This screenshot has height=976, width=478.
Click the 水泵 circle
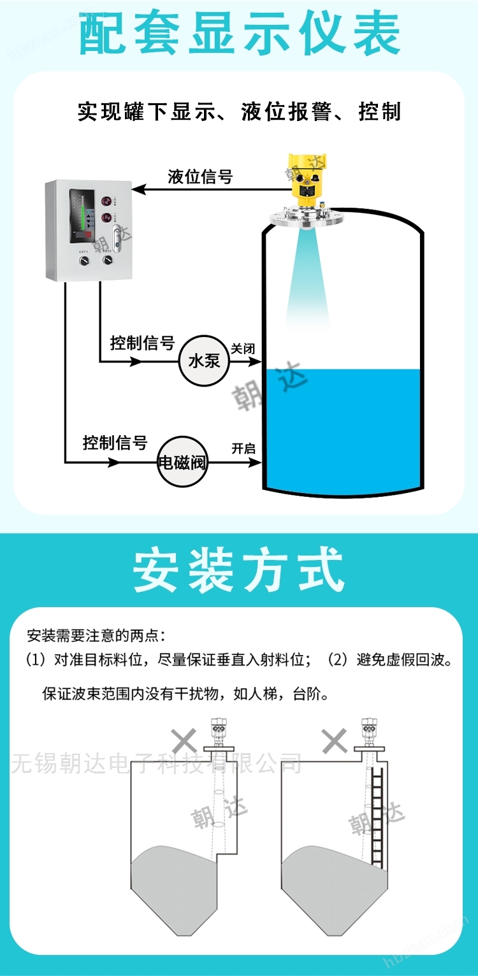(204, 361)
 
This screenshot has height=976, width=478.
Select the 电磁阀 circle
(182, 462)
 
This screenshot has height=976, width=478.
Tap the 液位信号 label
(200, 176)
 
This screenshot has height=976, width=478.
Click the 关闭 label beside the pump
(243, 348)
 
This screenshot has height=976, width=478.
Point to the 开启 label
(243, 449)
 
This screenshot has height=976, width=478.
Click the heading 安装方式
(239, 570)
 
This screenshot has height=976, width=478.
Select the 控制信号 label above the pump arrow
(142, 343)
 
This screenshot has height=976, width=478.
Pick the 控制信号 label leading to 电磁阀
(115, 443)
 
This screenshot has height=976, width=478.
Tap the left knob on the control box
(83, 261)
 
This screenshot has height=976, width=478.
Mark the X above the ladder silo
(334, 741)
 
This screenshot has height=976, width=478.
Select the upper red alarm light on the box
(106, 201)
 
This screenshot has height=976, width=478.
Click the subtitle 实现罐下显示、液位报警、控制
(239, 111)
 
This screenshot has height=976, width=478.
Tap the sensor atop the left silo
(218, 733)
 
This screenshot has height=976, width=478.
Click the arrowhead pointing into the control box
(138, 190)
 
